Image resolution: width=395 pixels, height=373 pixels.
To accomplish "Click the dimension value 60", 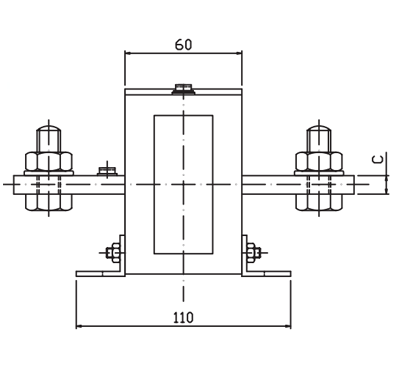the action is point(184,45).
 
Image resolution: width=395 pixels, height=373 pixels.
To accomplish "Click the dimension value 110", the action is point(183,318).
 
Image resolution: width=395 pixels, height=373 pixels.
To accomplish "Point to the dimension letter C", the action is point(377,159).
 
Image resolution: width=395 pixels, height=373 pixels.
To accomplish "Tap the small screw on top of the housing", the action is point(183,89).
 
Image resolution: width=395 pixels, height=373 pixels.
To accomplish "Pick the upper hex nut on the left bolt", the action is point(49,162).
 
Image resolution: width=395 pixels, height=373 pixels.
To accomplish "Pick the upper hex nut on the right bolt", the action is point(319,162).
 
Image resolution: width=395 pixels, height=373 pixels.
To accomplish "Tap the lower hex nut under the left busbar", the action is point(49,202).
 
